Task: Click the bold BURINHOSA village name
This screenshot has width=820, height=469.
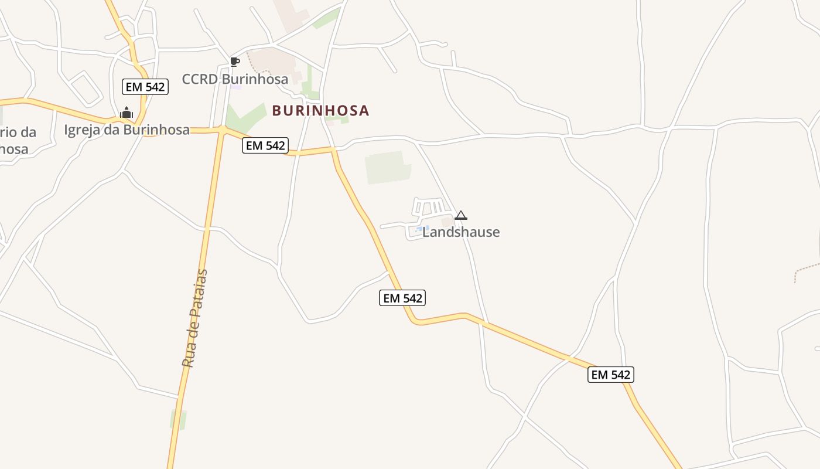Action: tap(320, 110)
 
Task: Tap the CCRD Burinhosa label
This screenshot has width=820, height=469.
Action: tap(235, 79)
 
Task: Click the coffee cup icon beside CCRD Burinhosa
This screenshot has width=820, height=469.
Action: tap(235, 62)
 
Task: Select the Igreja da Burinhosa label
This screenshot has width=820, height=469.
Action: tap(127, 130)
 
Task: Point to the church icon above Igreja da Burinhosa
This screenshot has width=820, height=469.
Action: tap(127, 113)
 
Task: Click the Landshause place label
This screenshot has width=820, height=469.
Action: tap(461, 232)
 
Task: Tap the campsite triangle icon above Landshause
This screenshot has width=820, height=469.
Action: tap(461, 215)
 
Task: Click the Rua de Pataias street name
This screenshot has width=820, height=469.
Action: tap(195, 318)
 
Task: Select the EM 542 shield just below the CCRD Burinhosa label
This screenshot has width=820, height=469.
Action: tap(266, 145)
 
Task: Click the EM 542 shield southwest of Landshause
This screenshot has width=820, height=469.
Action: tap(402, 298)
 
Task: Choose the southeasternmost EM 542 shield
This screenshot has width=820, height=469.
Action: tap(611, 375)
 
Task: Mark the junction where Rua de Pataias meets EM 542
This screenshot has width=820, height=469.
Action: tap(222, 130)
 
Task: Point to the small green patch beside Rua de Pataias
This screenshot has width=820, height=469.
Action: tap(178, 420)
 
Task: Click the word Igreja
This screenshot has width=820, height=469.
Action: tap(81, 130)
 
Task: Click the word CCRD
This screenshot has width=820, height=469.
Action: tap(200, 79)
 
